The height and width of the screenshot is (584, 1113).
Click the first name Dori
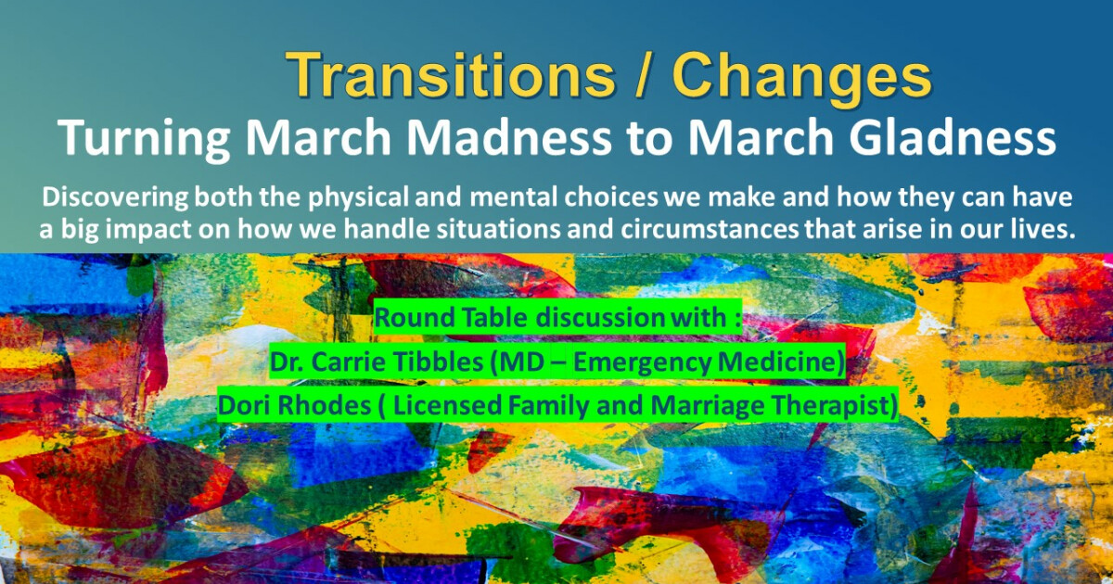(x=244, y=406)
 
